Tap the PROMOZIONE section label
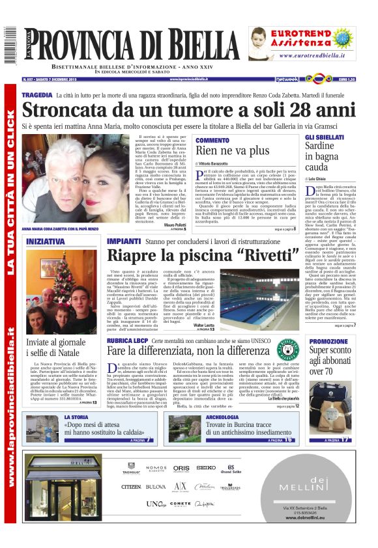(328, 341)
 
